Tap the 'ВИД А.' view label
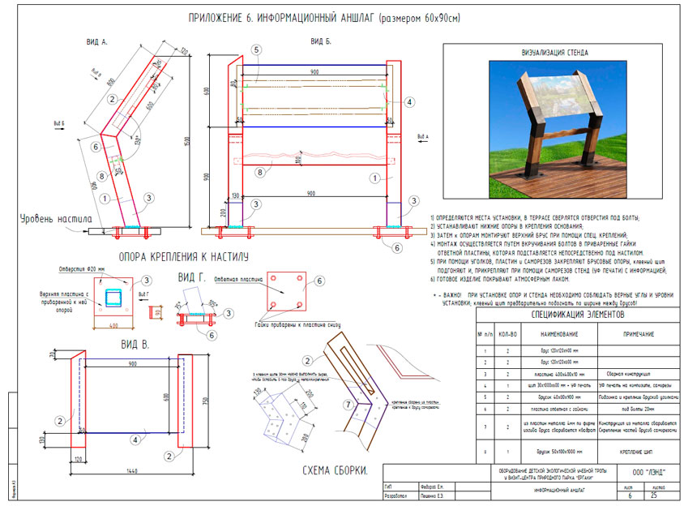(96, 40)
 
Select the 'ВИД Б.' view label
(320, 40)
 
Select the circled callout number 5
(256, 49)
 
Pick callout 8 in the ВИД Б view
(259, 172)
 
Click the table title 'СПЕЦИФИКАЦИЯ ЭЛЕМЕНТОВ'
(577, 313)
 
